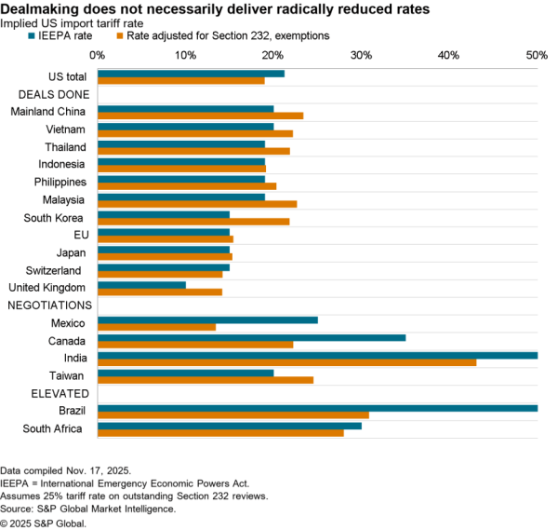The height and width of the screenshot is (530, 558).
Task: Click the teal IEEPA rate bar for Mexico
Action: click(x=207, y=319)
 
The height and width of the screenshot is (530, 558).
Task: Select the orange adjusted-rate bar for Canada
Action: click(x=195, y=345)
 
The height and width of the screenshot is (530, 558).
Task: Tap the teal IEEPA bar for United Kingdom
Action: click(x=141, y=284)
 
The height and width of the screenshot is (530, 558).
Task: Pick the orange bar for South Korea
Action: click(x=193, y=221)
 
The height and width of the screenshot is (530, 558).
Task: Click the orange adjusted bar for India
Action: click(x=286, y=362)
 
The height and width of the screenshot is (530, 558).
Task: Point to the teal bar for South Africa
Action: click(x=230, y=425)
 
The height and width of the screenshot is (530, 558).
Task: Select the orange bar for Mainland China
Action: click(x=200, y=116)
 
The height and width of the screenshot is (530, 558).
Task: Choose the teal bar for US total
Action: click(x=191, y=73)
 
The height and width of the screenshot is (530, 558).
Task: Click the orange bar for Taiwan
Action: click(x=206, y=380)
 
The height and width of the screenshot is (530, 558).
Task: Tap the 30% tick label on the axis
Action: click(x=361, y=55)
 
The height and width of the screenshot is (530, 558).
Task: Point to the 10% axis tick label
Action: click(x=185, y=55)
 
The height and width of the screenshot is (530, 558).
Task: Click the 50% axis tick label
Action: click(x=537, y=55)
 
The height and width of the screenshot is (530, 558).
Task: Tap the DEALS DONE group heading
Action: click(x=54, y=94)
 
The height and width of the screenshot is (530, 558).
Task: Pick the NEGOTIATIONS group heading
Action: click(x=49, y=305)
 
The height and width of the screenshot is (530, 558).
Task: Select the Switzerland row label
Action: click(x=55, y=270)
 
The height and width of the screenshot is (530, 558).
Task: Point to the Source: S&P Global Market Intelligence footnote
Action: click(x=88, y=509)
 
